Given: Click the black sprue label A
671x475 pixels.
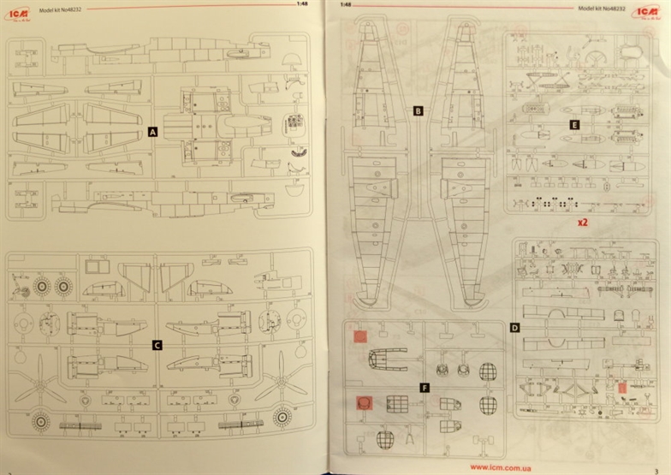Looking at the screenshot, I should pyautogui.click(x=153, y=132).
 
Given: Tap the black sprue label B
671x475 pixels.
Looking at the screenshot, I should pyautogui.click(x=418, y=110).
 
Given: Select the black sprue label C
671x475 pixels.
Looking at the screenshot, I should pyautogui.click(x=157, y=345).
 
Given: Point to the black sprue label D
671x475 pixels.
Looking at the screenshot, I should pyautogui.click(x=514, y=328).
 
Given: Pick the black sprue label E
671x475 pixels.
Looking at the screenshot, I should pyautogui.click(x=574, y=124).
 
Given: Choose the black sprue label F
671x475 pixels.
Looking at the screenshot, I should pyautogui.click(x=425, y=388).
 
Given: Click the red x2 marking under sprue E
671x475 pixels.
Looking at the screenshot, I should pyautogui.click(x=582, y=222).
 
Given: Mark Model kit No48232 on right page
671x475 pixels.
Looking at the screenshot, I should pyautogui.click(x=604, y=9).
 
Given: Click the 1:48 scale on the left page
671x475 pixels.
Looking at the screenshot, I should pyautogui.click(x=301, y=4).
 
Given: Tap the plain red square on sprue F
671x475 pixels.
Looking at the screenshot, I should pyautogui.click(x=361, y=337).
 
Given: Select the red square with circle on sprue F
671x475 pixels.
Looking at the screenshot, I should pyautogui.click(x=364, y=402).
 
